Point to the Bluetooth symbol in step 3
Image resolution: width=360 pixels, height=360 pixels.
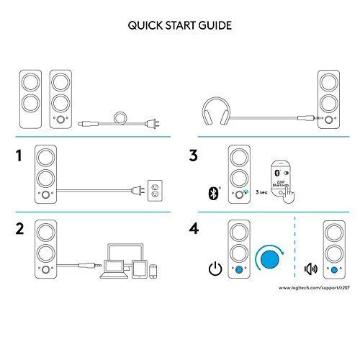[212, 193]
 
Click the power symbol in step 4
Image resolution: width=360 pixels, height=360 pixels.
[213, 269]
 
